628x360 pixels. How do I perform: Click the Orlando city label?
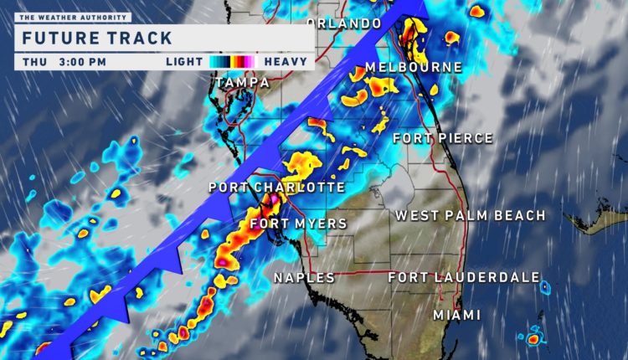tap(344, 23)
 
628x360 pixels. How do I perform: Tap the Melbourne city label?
tap(414, 67)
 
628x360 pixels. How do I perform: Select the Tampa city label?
tap(242, 83)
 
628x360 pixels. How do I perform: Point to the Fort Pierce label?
tap(443, 138)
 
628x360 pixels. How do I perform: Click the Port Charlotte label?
tap(276, 188)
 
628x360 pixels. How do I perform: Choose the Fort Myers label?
tap(286, 224)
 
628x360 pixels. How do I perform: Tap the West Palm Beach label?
tap(471, 216)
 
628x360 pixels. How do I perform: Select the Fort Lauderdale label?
tap(463, 277)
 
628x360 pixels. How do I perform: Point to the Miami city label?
tap(457, 315)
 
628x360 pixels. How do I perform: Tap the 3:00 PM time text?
tap(83, 61)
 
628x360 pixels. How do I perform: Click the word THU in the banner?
tap(35, 61)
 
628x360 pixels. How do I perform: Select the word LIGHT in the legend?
tap(184, 61)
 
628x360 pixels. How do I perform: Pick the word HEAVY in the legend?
tap(283, 61)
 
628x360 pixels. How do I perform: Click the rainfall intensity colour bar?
tap(233, 61)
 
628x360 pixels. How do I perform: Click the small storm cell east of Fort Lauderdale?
tap(546, 287)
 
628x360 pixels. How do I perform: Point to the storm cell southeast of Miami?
tap(533, 339)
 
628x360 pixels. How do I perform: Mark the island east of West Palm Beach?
tap(596, 222)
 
